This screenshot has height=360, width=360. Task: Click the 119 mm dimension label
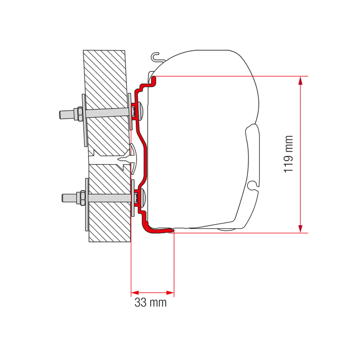tap(288, 154)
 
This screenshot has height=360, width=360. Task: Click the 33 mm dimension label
tap(150, 302)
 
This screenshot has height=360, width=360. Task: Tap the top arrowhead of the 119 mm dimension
tap(300, 80)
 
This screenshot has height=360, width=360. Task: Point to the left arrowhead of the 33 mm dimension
tap(135, 292)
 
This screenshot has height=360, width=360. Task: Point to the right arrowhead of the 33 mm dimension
tap(170, 292)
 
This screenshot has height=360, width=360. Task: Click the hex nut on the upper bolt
tap(80, 114)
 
